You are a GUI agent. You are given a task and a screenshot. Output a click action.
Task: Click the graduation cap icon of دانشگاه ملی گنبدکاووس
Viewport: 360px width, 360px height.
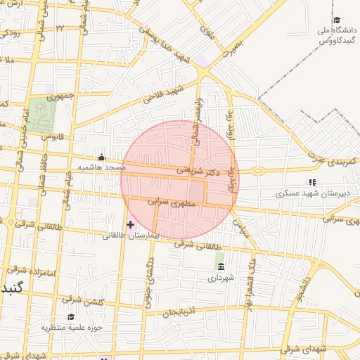(337, 20)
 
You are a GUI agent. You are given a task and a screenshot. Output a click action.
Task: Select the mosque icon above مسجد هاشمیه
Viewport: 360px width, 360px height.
(103, 157)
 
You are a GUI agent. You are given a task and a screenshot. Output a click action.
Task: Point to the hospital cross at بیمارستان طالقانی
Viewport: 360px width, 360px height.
(130, 224)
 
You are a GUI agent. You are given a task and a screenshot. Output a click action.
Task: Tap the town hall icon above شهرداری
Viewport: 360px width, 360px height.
(221, 267)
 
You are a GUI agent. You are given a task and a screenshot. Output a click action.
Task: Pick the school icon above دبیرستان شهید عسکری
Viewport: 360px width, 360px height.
(312, 182)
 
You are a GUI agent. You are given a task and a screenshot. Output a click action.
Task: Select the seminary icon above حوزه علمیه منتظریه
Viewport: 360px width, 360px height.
(71, 317)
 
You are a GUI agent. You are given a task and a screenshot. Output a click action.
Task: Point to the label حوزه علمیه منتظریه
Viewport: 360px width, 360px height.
(72, 328)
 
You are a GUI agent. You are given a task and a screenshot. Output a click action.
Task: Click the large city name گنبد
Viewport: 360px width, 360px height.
(14, 289)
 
